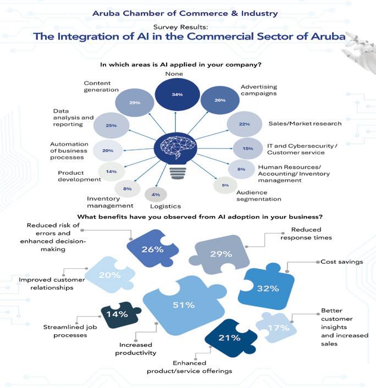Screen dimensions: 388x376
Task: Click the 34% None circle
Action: (177, 95)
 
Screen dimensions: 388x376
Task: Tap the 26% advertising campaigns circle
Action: (220, 101)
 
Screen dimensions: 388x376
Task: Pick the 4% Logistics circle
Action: (156, 194)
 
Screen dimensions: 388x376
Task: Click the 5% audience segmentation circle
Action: (225, 185)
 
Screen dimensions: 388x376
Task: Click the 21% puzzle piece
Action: (229, 337)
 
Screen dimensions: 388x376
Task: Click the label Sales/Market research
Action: (305, 123)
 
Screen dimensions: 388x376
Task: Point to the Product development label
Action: (79, 175)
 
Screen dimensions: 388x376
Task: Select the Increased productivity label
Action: (135, 348)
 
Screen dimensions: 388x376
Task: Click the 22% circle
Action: (245, 125)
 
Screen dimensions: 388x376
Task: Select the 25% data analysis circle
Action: (111, 126)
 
